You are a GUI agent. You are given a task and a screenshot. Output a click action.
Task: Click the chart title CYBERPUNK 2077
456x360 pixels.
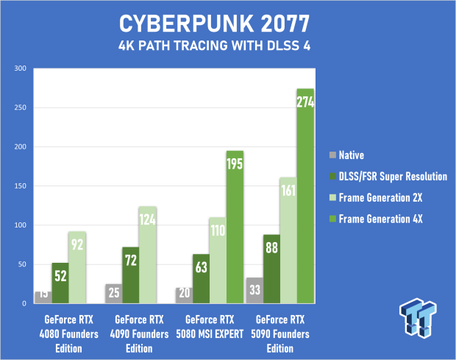click(214, 24)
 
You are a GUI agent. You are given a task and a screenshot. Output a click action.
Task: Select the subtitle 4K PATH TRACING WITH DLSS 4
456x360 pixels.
click(214, 46)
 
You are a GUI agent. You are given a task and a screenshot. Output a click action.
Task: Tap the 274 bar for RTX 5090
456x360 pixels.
click(305, 196)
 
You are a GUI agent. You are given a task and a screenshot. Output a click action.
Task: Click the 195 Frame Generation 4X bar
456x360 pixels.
click(235, 227)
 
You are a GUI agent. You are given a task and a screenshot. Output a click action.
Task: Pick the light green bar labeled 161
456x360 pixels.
click(288, 241)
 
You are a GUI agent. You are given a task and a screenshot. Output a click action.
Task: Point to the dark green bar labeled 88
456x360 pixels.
click(271, 269)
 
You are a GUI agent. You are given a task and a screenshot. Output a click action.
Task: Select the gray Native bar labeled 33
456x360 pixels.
click(254, 291)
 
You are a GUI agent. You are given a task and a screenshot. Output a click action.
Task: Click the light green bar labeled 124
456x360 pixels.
click(148, 255)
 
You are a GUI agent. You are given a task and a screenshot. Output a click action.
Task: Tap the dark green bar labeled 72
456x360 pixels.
click(131, 275)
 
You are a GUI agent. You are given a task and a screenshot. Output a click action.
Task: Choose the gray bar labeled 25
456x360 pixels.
click(114, 294)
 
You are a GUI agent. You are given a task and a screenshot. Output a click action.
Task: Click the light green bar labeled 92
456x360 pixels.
click(77, 267)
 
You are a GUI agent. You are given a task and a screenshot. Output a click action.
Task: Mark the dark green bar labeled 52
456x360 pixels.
click(60, 283)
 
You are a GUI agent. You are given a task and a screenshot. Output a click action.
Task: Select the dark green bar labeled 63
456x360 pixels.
click(202, 279)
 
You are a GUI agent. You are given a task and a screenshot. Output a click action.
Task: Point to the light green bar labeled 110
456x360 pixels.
click(218, 261)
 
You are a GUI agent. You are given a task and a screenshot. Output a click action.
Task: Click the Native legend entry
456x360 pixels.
click(346, 155)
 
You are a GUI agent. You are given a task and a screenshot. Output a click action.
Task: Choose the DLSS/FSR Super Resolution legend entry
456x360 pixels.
click(388, 177)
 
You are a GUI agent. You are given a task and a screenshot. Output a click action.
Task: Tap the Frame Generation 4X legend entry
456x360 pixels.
click(376, 219)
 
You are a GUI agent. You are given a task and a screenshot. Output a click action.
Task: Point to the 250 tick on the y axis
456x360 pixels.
click(21, 107)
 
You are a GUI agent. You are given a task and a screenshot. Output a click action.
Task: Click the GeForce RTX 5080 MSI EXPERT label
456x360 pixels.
click(210, 327)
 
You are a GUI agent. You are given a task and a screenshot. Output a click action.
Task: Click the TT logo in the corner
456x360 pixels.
click(418, 318)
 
